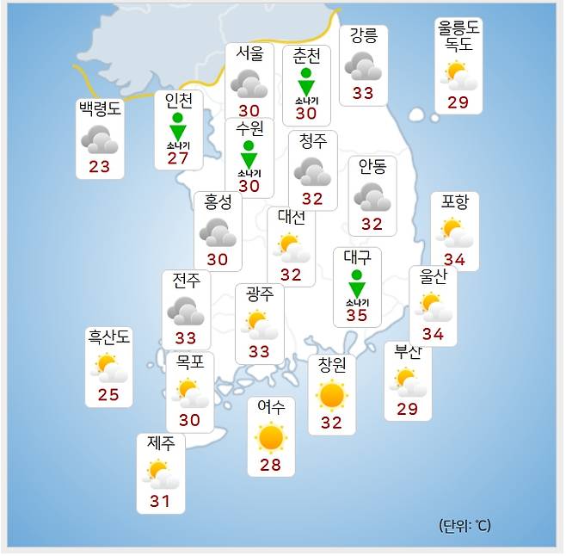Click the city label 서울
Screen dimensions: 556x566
(x=249, y=53)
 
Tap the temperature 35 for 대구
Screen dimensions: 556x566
(x=356, y=315)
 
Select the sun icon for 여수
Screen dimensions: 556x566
(x=271, y=438)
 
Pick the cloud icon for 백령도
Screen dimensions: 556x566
(x=100, y=139)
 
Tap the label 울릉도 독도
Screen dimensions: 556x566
(x=458, y=36)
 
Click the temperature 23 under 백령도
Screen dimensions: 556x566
(x=100, y=166)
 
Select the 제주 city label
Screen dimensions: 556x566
(x=161, y=444)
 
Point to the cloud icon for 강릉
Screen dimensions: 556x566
(x=363, y=66)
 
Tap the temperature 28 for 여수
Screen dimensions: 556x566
(x=270, y=466)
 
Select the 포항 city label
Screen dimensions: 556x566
(x=455, y=202)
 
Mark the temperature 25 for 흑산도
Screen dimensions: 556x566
(x=108, y=395)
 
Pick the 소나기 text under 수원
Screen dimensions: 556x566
(x=249, y=172)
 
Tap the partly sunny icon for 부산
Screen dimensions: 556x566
(x=407, y=380)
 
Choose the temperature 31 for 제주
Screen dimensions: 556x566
(x=160, y=501)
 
